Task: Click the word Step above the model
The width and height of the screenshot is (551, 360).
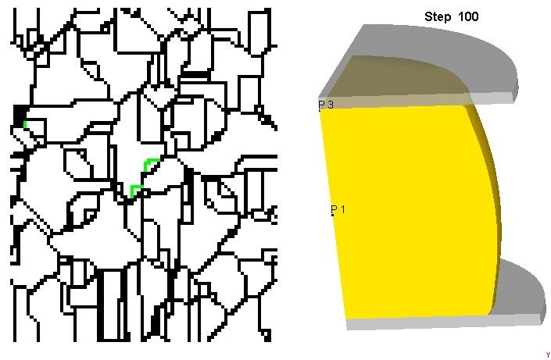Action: click(438, 17)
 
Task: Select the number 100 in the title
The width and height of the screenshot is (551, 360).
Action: click(468, 16)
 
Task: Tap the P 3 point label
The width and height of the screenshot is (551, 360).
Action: click(326, 105)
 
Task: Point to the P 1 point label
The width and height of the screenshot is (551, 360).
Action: click(338, 209)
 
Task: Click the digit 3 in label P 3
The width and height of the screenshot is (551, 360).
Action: click(330, 105)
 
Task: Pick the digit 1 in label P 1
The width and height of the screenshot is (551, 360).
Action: click(342, 209)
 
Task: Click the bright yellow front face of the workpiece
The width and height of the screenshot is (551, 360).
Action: click(408, 211)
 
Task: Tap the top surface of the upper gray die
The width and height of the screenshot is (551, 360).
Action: click(439, 52)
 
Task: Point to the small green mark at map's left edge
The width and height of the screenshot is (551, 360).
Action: click(25, 124)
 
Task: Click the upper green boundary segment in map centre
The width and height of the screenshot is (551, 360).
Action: click(150, 164)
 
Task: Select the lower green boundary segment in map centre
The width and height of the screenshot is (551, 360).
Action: click(135, 191)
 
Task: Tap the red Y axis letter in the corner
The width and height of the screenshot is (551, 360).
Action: click(548, 355)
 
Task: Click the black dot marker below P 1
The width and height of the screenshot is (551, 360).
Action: click(332, 215)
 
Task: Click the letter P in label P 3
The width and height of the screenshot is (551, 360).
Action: click(321, 105)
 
